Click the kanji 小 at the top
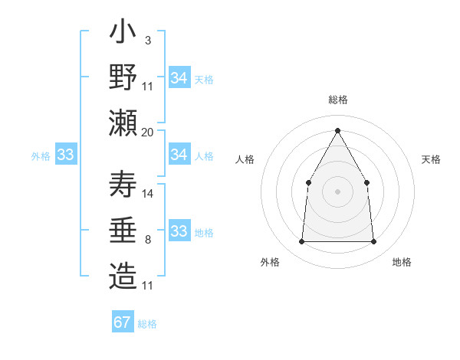click(123, 35)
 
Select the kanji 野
click(123, 78)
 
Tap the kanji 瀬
click(123, 121)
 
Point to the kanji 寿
click(123, 186)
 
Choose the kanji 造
click(123, 276)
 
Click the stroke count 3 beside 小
click(147, 41)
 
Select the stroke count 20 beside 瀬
click(148, 132)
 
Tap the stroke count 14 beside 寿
click(148, 193)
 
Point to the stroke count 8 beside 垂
click(147, 240)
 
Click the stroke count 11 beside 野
click(148, 85)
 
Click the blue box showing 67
click(122, 322)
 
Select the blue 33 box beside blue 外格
click(65, 155)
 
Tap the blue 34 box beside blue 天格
click(179, 78)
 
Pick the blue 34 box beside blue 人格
click(179, 155)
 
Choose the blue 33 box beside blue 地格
click(179, 231)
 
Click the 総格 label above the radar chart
click(337, 100)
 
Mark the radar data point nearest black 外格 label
click(301, 242)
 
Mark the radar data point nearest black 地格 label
click(373, 242)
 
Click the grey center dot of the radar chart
click(337, 191)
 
